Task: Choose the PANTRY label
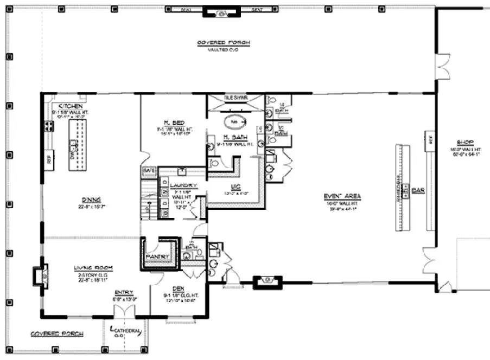[158, 256]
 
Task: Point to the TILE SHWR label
[236, 98]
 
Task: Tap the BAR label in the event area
[417, 190]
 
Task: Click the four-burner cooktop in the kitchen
[49, 126]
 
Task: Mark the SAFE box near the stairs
[149, 170]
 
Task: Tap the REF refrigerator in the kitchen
[49, 160]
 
